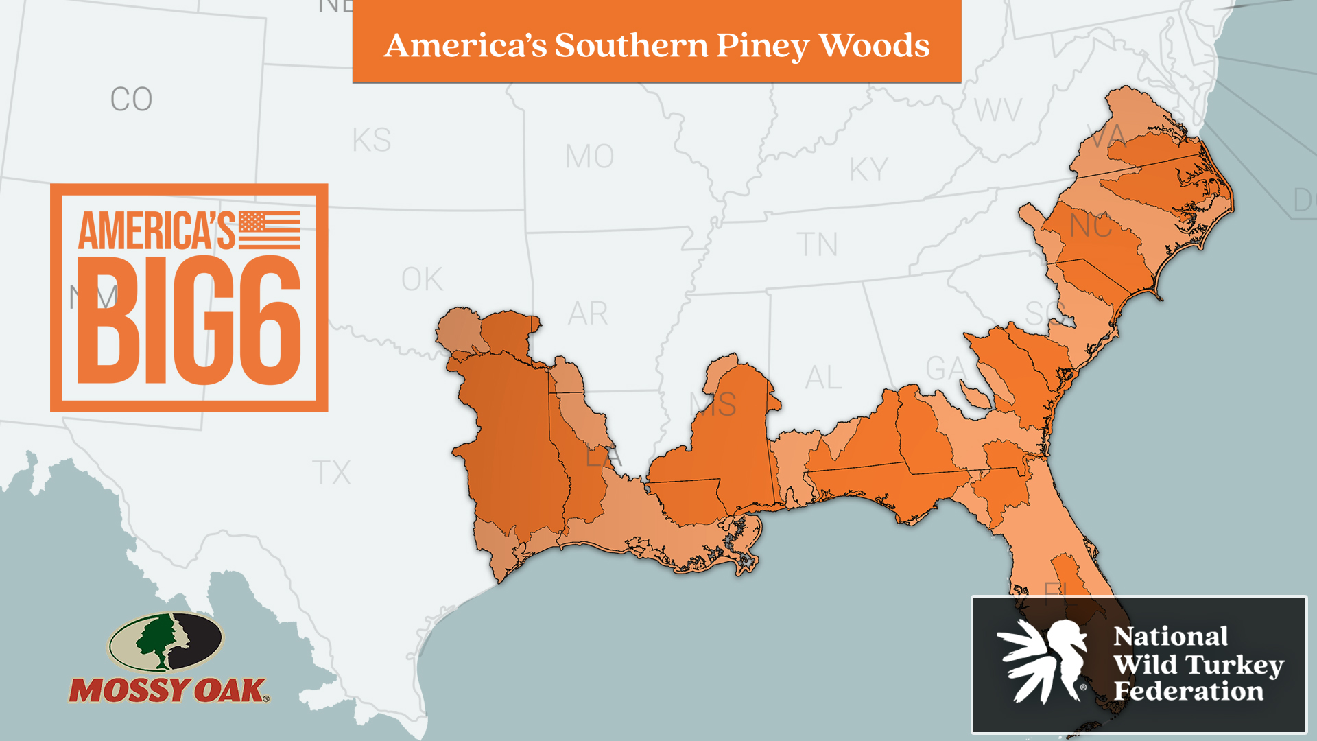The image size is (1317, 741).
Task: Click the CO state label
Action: point(131,99)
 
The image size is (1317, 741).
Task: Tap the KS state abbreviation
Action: point(371,141)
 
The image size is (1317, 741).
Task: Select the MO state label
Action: point(589,157)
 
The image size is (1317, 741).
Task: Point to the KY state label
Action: point(868,170)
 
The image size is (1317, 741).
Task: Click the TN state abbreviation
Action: point(817,245)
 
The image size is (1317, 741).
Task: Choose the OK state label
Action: point(422,280)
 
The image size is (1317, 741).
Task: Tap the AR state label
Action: point(587,314)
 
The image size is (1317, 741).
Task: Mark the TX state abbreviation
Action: point(331,473)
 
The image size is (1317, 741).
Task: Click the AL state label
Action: point(823,378)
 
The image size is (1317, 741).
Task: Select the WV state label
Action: point(998,110)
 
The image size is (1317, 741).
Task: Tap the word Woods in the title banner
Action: point(874,45)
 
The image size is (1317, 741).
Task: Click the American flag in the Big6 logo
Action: point(270,230)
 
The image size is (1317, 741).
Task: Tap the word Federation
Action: point(1188,692)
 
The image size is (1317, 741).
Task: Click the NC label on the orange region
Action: point(1091,226)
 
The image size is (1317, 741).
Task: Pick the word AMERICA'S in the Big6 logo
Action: point(156,231)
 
